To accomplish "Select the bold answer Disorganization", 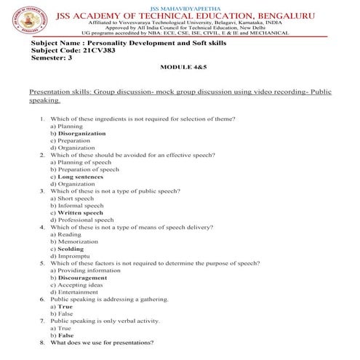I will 81,134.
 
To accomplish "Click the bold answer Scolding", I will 70,249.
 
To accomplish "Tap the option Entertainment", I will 78,292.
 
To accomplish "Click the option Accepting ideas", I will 79,284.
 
